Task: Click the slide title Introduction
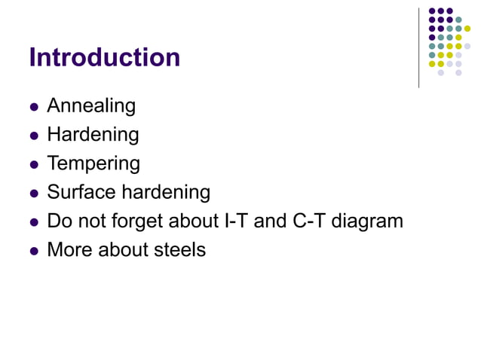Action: (104, 58)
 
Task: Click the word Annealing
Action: (91, 107)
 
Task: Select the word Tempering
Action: (93, 164)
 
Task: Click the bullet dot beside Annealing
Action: (33, 108)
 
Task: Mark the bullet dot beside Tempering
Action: (33, 165)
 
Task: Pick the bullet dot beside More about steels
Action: (33, 251)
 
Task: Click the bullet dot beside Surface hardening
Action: (33, 194)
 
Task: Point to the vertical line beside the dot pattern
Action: (418, 47)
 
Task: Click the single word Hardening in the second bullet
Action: (93, 136)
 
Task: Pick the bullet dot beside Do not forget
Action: (33, 222)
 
